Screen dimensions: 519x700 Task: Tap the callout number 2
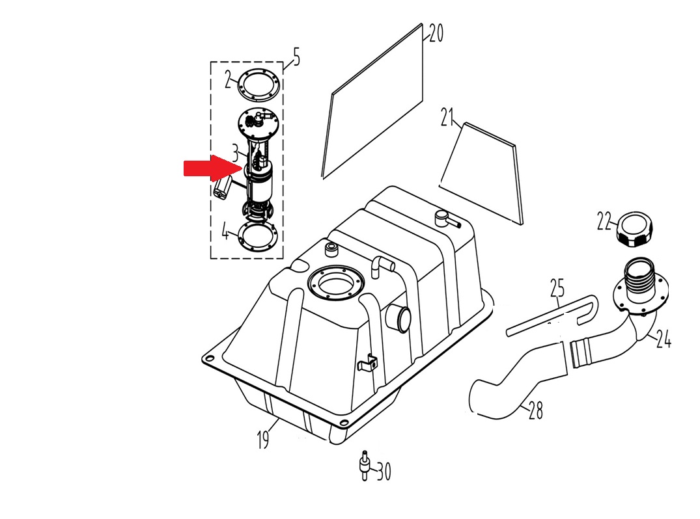(x=229, y=81)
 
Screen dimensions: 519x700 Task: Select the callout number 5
(x=296, y=58)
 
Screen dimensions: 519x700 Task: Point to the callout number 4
(x=225, y=232)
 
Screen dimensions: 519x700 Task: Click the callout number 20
(x=436, y=33)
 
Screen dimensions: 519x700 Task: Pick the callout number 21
(x=446, y=118)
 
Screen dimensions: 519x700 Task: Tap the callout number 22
(x=604, y=222)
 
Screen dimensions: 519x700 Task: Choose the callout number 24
(x=664, y=339)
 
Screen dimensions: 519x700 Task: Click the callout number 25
(x=557, y=287)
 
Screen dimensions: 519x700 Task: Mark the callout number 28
(x=535, y=410)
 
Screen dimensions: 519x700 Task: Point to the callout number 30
(x=384, y=472)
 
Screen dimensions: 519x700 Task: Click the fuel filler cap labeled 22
(x=633, y=229)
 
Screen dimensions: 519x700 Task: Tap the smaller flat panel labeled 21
(x=485, y=172)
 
